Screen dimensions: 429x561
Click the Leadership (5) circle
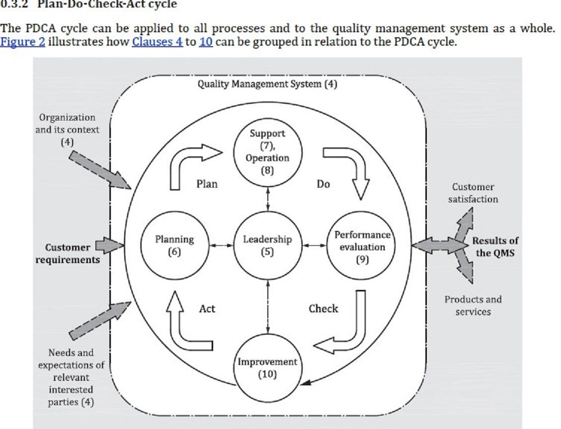268,245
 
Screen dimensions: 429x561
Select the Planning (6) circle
174,245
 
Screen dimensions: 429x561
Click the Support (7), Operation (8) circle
267,151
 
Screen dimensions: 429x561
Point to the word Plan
207,184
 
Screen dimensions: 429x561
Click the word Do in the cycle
323,184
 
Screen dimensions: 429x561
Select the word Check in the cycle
323,308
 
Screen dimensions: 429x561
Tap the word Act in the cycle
207,308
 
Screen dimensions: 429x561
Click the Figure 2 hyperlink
22,42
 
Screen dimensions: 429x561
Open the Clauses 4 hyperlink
157,42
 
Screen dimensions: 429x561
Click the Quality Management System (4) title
267,84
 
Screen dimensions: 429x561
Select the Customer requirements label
68,253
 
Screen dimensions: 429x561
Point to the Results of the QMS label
494,246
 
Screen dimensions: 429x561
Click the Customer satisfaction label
473,193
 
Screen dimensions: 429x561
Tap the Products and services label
473,305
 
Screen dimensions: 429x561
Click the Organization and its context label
67,129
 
